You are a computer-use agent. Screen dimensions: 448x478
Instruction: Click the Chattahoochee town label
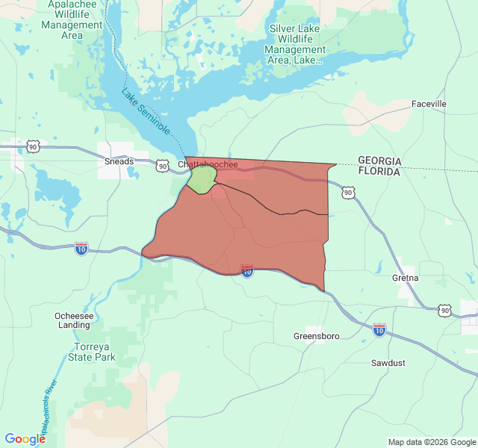tap(208, 164)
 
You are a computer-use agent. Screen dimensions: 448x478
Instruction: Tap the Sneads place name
tap(119, 161)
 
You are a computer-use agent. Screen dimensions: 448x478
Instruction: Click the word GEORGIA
tap(379, 161)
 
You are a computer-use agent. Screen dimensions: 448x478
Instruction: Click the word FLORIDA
tap(379, 171)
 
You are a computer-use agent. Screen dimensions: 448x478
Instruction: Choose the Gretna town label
tap(406, 278)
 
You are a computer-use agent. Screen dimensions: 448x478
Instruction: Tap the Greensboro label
tap(316, 336)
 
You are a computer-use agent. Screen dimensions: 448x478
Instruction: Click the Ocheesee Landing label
tap(73, 320)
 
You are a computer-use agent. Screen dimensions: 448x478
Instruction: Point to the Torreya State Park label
tap(95, 352)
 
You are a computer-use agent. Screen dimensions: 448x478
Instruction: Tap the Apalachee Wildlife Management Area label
tap(72, 19)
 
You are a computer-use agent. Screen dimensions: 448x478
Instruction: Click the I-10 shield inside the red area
tap(247, 272)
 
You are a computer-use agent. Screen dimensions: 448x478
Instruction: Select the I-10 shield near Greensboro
tap(379, 329)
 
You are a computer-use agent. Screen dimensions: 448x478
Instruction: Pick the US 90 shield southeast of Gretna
tap(445, 310)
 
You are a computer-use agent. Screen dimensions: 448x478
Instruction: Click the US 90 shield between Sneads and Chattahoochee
tap(162, 166)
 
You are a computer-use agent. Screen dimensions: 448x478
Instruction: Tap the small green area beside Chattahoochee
tap(201, 179)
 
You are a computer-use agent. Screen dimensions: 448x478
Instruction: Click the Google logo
tap(25, 439)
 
